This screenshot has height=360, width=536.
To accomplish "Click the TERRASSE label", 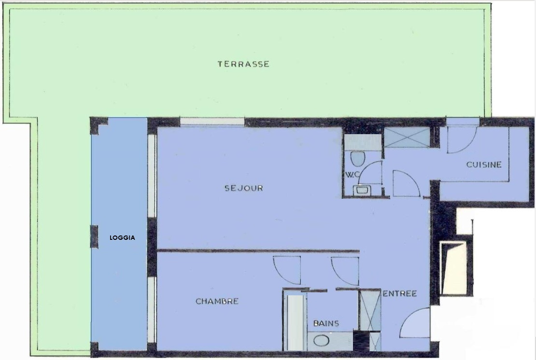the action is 243,64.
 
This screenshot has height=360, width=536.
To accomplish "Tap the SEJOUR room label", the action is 244,188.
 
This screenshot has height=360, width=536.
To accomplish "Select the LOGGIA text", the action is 122,238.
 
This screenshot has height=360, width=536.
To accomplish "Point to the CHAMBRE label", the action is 217,301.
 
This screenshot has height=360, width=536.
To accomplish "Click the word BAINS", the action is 326,323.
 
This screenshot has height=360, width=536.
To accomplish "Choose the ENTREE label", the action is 400,293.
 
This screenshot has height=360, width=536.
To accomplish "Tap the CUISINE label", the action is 484,165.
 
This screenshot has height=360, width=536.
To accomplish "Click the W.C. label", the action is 353,175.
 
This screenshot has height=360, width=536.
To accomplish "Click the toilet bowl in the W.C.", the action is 358,158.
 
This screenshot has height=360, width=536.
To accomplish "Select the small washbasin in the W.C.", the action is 361,190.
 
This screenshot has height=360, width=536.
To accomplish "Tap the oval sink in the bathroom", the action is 321,340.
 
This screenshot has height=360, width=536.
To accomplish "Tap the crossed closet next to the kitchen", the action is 407,138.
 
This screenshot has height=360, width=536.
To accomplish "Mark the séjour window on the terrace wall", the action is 212,122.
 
